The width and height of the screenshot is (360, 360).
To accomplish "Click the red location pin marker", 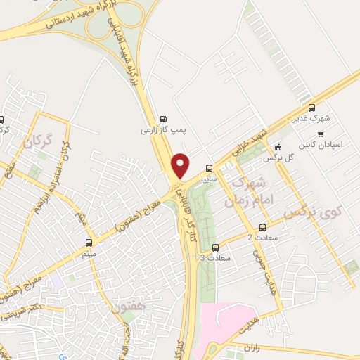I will click(181, 166).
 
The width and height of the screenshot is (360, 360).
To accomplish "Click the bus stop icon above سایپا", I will click(209, 168).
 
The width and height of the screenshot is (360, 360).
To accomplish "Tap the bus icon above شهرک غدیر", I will click(312, 108).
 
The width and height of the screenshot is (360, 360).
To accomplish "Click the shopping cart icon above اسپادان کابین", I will click(321, 134).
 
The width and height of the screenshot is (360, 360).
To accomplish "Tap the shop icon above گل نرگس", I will click(278, 148).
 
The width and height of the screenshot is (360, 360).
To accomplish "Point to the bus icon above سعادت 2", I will click(263, 227).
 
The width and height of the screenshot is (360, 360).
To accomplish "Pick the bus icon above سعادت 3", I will click(215, 247).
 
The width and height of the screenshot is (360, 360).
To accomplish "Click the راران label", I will click(253, 347).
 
